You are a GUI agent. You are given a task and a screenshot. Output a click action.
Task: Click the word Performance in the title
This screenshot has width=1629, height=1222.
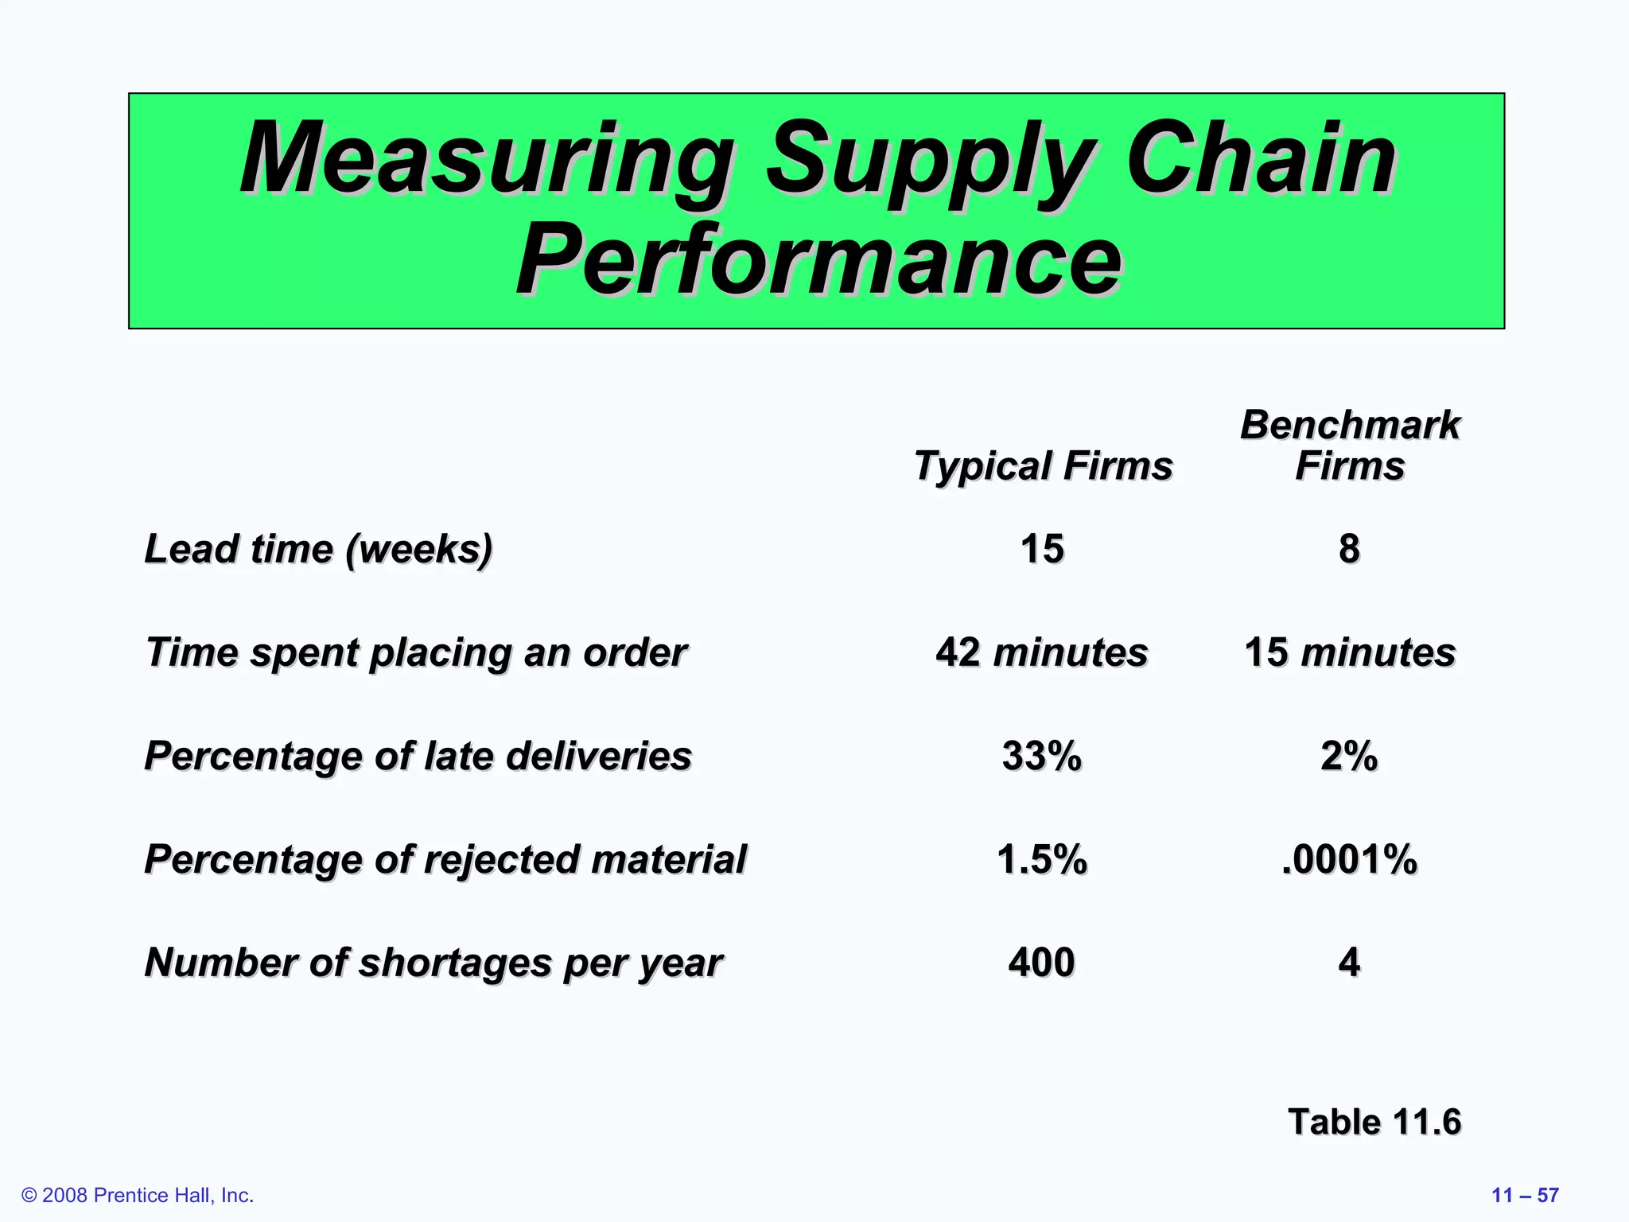pos(818,260)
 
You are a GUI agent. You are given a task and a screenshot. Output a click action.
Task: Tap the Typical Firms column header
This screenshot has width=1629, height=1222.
pos(1043,465)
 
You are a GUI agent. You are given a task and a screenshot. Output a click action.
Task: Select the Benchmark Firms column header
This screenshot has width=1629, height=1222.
pos(1350,445)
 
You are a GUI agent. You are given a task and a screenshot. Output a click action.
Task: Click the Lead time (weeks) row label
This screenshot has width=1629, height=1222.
pos(318,549)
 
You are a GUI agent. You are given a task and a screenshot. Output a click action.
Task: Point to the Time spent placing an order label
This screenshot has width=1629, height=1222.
pos(416,652)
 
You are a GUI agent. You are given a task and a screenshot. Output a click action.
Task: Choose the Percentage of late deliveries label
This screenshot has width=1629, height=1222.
pos(418,756)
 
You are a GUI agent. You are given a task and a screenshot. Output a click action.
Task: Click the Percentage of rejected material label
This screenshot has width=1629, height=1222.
pos(445,859)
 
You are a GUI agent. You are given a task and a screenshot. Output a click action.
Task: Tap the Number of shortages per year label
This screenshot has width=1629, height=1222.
pos(433,963)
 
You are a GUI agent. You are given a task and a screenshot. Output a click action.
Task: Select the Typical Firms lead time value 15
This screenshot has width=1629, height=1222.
pos(1042,549)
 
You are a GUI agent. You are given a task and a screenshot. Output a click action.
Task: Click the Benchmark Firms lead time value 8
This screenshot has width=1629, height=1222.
pos(1349,549)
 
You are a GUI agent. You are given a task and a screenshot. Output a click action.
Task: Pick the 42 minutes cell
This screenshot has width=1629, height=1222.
pos(1042,652)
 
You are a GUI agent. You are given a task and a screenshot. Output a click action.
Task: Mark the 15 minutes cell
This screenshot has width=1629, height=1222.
pos(1350,652)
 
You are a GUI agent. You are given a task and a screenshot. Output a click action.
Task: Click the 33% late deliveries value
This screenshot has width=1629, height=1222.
pos(1042,756)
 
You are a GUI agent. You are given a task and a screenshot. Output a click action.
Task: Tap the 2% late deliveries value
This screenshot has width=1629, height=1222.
pos(1349,756)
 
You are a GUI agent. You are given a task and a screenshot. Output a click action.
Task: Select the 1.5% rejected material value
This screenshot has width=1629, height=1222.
pos(1042,859)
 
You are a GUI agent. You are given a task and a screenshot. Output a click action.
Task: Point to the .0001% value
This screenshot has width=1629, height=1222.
pos(1349,859)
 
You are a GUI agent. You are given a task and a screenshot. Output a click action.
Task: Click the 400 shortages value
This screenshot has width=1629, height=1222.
pos(1042,963)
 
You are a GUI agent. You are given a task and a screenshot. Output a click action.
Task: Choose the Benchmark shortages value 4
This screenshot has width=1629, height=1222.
pos(1349,963)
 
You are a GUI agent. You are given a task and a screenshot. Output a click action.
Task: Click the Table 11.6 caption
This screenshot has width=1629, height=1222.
pos(1374,1122)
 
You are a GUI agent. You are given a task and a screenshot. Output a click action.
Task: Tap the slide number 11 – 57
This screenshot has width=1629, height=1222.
pos(1525,1195)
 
